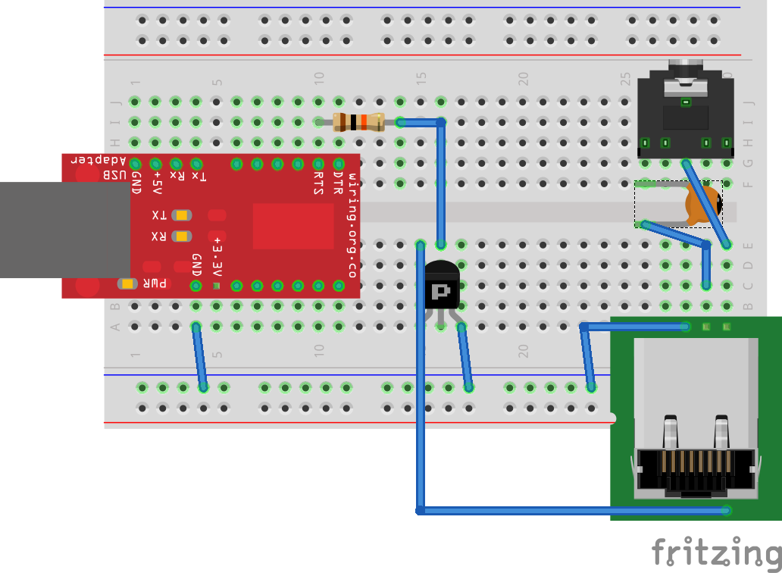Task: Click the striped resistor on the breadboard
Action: pos(358,121)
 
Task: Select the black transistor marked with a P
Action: pos(441,286)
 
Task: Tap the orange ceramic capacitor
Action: pos(702,205)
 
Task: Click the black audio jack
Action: pos(686,114)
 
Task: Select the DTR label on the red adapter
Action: pos(338,183)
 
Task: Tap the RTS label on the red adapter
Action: pos(318,183)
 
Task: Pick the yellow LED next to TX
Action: pos(181,215)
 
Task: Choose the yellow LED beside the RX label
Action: pos(181,236)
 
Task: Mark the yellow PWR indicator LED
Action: pos(127,283)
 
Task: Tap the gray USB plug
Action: pos(65,230)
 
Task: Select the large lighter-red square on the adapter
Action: pos(292,226)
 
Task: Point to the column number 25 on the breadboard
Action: pos(625,77)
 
